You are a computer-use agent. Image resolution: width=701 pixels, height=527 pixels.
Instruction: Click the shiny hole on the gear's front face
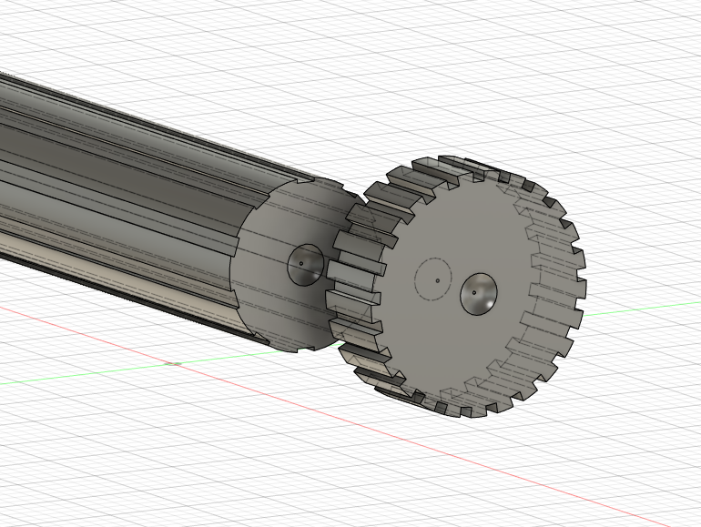[479, 294]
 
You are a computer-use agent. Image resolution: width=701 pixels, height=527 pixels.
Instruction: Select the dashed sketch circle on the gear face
[417, 278]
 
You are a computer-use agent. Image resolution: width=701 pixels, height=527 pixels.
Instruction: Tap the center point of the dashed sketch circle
[437, 280]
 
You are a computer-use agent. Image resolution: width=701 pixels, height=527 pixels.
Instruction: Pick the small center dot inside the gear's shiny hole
[475, 291]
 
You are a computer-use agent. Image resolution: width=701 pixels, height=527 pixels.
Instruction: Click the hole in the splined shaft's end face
[306, 264]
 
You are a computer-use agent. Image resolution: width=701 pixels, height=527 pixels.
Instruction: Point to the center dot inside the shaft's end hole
[301, 264]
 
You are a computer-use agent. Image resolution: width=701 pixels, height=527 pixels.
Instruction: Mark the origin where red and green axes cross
[172, 363]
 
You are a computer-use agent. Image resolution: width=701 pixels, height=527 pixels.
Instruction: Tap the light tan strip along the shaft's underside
[109, 273]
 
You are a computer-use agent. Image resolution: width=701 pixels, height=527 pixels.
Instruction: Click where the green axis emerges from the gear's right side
[588, 315]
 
